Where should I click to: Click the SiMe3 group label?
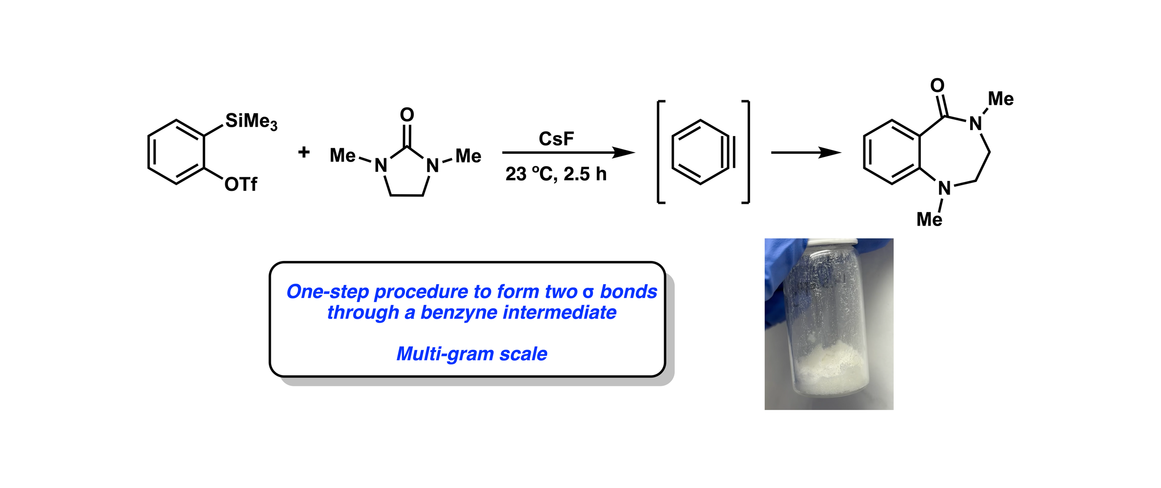[251, 122]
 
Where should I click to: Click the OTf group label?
[241, 185]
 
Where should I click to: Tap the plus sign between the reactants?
[304, 152]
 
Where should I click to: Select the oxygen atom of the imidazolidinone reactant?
[407, 114]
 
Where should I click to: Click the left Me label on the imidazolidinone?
[342, 156]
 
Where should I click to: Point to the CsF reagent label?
[556, 139]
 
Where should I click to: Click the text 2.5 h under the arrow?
[585, 174]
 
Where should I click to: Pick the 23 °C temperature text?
[531, 174]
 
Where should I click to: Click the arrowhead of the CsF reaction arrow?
[625, 152]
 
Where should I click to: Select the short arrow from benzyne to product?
[806, 152]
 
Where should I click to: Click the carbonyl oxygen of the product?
[937, 85]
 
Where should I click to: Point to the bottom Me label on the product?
[929, 220]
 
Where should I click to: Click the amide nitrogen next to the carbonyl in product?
[975, 124]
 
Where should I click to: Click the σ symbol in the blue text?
[588, 292]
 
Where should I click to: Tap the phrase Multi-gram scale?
[471, 354]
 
